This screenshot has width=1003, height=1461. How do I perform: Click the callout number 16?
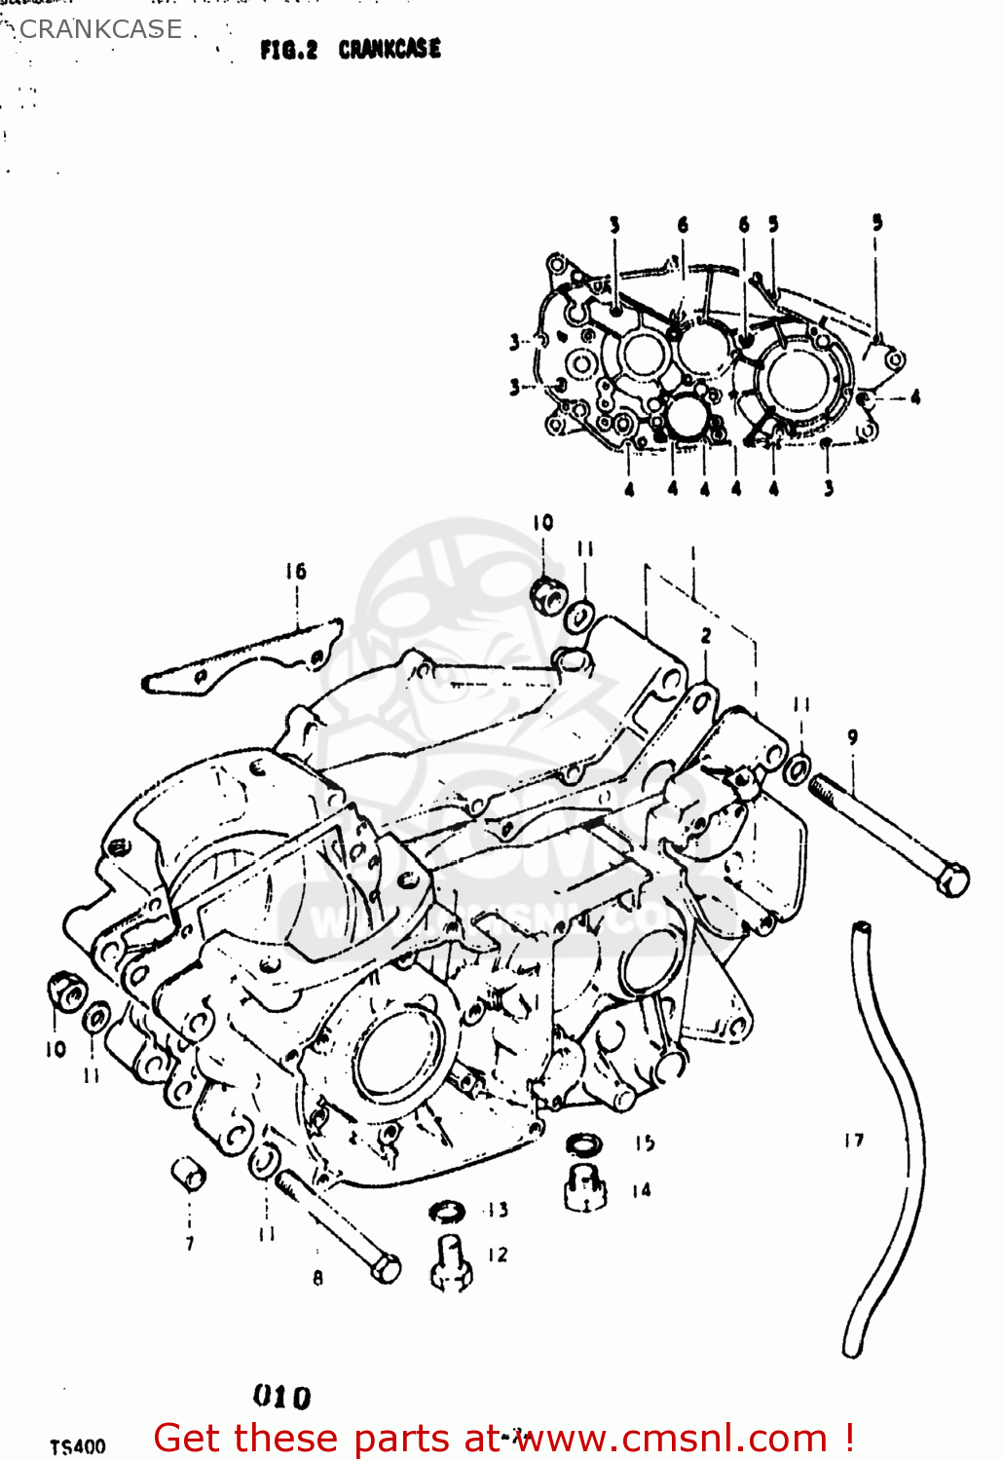coord(296,572)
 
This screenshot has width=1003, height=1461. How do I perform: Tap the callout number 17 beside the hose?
coord(854,1140)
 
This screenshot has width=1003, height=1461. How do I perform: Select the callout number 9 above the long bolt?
coord(853,737)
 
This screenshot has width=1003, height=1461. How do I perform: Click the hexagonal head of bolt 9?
coord(952,880)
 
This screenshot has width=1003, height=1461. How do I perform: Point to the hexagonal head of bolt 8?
coord(386,1269)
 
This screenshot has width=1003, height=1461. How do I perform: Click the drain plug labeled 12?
coord(451,1263)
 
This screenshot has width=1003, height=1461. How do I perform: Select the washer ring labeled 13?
coord(447,1212)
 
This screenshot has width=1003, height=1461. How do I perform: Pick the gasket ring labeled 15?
coord(583,1144)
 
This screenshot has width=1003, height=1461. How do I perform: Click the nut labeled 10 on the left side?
coord(67,993)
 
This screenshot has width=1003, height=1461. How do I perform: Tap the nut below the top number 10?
coord(548,593)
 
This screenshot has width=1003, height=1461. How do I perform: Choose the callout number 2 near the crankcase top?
coord(706,636)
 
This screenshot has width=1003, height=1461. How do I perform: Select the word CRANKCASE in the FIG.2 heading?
coord(390,49)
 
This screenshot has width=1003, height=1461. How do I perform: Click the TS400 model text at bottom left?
coord(78,1446)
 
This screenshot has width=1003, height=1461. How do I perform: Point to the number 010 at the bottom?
coord(282,1397)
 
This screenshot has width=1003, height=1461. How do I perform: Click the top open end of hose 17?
coord(861,929)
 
